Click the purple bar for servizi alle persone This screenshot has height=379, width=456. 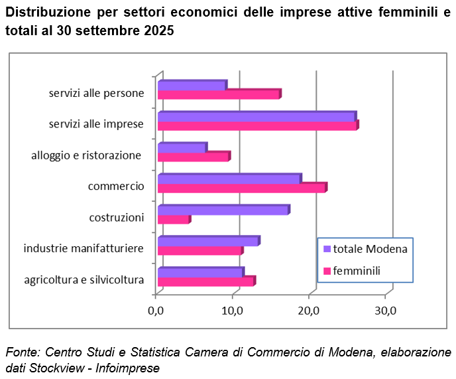192,85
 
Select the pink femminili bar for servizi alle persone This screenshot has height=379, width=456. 219,94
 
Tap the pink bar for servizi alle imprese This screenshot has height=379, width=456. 257,125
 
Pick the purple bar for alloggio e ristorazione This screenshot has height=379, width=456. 182,147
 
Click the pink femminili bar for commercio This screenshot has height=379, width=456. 242,188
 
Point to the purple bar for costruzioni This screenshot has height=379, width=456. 223,210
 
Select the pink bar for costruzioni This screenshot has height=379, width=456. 173,219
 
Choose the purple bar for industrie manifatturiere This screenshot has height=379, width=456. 208,241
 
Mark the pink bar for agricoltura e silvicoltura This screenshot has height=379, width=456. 205,281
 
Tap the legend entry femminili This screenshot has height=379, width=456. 357,270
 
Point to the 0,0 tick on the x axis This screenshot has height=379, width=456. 156,310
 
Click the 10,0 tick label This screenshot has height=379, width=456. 232,310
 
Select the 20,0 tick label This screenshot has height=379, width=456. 309,310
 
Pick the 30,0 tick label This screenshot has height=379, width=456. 385,310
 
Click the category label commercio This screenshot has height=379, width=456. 116,187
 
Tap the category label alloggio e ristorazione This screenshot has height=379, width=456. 86,155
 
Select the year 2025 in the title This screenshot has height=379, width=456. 158,31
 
